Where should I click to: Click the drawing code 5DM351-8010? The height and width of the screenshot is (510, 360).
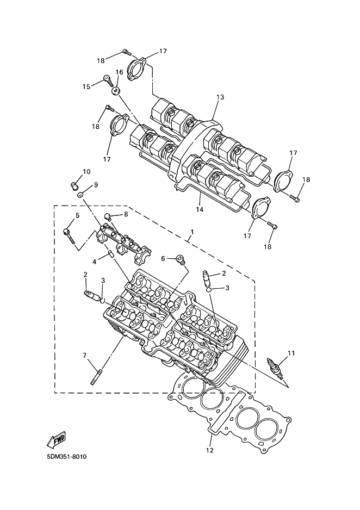point(67,456)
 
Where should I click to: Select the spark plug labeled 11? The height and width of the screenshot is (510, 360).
point(275,368)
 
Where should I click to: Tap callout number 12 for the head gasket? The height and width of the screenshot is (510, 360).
point(210,450)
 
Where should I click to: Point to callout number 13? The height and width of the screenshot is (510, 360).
point(220,97)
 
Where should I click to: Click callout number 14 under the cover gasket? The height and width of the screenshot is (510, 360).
point(200,209)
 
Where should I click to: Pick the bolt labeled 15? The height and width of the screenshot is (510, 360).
point(108,80)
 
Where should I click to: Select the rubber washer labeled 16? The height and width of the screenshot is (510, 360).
point(115,91)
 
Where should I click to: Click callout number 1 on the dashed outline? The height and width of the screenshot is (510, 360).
point(192,232)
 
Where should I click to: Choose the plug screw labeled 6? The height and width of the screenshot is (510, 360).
point(180,259)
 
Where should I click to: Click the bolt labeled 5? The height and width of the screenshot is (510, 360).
point(70,236)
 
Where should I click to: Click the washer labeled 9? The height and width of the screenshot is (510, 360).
point(80,195)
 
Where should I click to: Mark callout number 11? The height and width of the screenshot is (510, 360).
point(291,353)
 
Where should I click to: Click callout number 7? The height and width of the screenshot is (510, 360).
point(85,356)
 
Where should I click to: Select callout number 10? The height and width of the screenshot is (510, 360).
point(86,171)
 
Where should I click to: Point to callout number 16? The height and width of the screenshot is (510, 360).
point(119,72)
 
